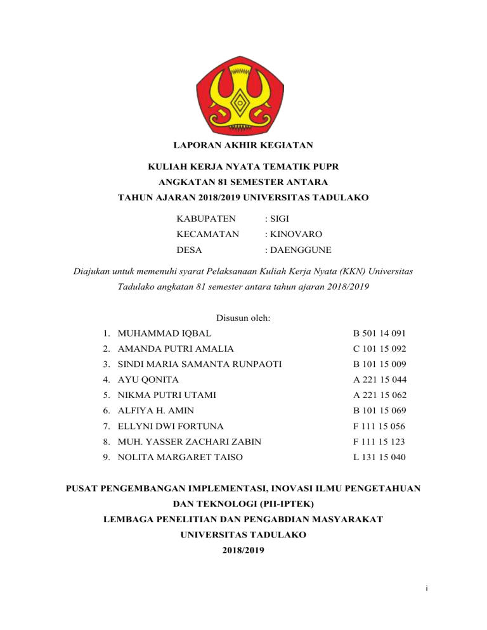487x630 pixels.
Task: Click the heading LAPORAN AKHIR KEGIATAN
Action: [243, 146]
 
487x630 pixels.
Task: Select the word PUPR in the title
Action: [326, 169]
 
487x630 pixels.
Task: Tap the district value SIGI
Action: [280, 219]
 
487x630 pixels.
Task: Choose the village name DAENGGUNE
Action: [297, 250]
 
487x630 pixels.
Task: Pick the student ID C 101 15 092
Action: [380, 349]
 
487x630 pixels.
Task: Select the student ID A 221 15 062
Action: [380, 395]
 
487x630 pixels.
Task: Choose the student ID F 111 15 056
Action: [380, 426]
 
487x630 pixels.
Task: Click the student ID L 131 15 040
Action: [380, 457]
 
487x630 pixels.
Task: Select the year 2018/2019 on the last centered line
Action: [243, 550]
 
